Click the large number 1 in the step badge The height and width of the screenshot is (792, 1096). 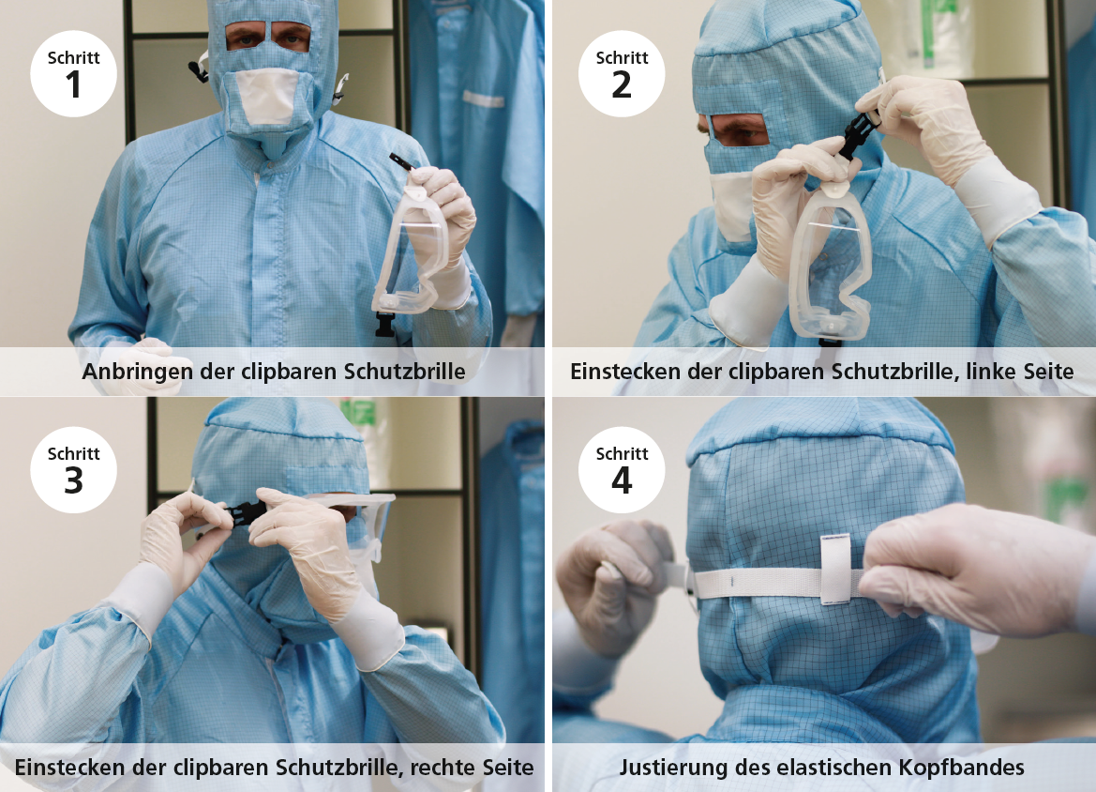(73, 85)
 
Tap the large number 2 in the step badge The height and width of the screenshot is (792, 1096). (622, 85)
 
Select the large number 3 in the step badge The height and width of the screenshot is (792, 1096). (73, 481)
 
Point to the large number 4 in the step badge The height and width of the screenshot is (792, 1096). (622, 481)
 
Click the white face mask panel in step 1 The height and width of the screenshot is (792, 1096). (265, 97)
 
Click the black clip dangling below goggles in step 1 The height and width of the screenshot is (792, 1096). (384, 324)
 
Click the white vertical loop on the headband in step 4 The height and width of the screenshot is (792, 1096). (835, 569)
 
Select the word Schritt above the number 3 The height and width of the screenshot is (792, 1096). (73, 454)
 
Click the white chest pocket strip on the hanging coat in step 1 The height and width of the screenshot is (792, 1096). (482, 99)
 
